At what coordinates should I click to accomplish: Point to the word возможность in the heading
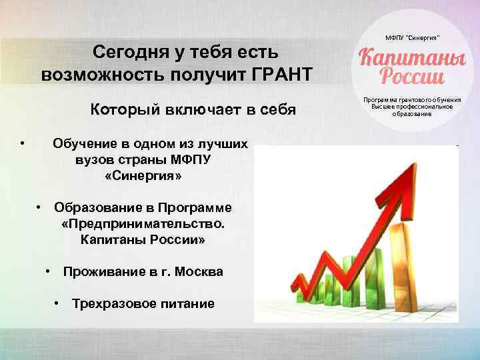pyautogui.click(x=93, y=74)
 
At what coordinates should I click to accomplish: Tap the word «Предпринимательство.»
pyautogui.click(x=143, y=223)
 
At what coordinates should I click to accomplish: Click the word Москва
pyautogui.click(x=198, y=272)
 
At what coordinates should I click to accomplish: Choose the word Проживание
pyautogui.click(x=105, y=272)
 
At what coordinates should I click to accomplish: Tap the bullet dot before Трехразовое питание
pyautogui.click(x=57, y=303)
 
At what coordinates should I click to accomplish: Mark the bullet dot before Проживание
pyautogui.click(x=49, y=271)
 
